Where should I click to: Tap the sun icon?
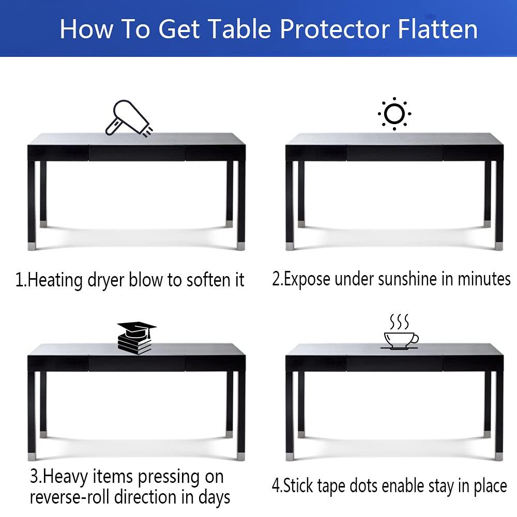pyautogui.click(x=394, y=113)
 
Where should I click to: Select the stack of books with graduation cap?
pyautogui.click(x=136, y=338)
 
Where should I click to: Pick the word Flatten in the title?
pyautogui.click(x=438, y=29)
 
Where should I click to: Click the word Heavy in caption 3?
pyautogui.click(x=70, y=476)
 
